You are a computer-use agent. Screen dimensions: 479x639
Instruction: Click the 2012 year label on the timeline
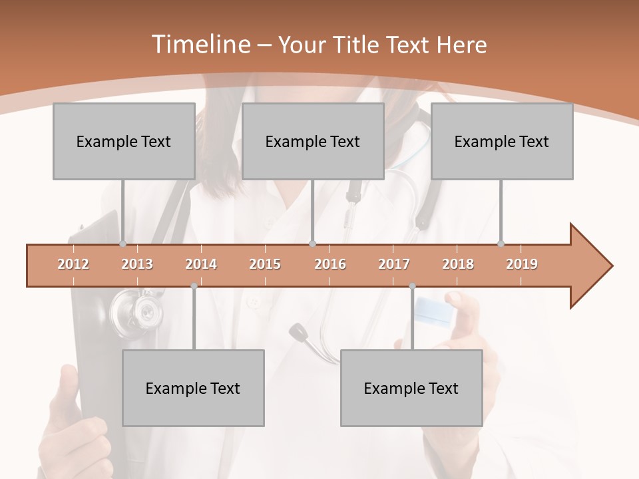click(x=73, y=265)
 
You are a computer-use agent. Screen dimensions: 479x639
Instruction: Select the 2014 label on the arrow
click(x=201, y=265)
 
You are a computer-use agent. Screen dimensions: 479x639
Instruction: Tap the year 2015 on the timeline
click(x=265, y=265)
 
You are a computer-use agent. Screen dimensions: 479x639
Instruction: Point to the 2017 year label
click(x=394, y=265)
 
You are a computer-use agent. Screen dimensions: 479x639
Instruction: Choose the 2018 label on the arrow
click(x=458, y=265)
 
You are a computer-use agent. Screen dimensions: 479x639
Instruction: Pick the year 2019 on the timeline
click(x=522, y=265)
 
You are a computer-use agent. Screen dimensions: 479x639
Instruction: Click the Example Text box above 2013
click(x=124, y=141)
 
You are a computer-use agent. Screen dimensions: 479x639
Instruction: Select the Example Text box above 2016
click(x=313, y=141)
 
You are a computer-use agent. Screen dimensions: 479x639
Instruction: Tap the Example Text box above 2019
click(x=502, y=141)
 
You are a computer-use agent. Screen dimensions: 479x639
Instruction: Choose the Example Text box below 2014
click(x=193, y=388)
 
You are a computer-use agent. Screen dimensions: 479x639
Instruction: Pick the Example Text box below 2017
click(x=411, y=388)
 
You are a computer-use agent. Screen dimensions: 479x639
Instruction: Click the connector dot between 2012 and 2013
click(x=122, y=243)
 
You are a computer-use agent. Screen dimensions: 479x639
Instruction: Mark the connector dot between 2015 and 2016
click(x=313, y=243)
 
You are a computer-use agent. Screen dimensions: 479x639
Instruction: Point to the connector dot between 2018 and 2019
click(x=501, y=243)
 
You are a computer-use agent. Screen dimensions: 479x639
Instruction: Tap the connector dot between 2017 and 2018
click(x=412, y=286)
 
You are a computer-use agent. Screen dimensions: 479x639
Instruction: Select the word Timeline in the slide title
click(x=199, y=45)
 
